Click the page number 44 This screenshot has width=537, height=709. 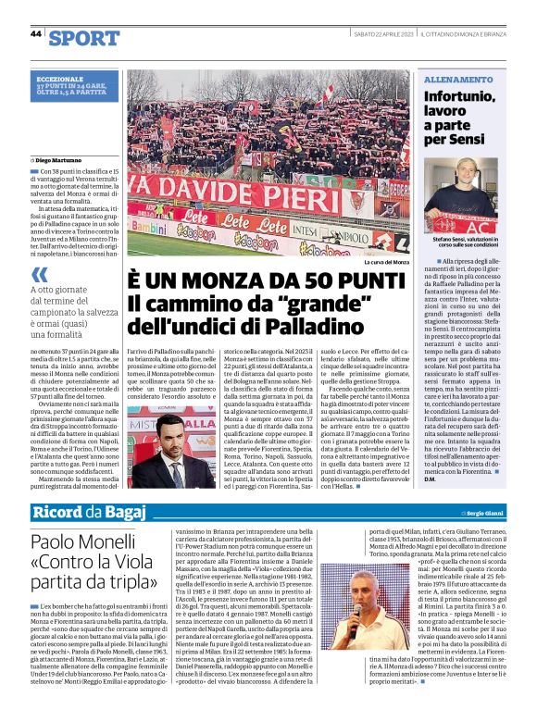[x=36, y=33]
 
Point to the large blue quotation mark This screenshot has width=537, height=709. [x=40, y=274]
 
